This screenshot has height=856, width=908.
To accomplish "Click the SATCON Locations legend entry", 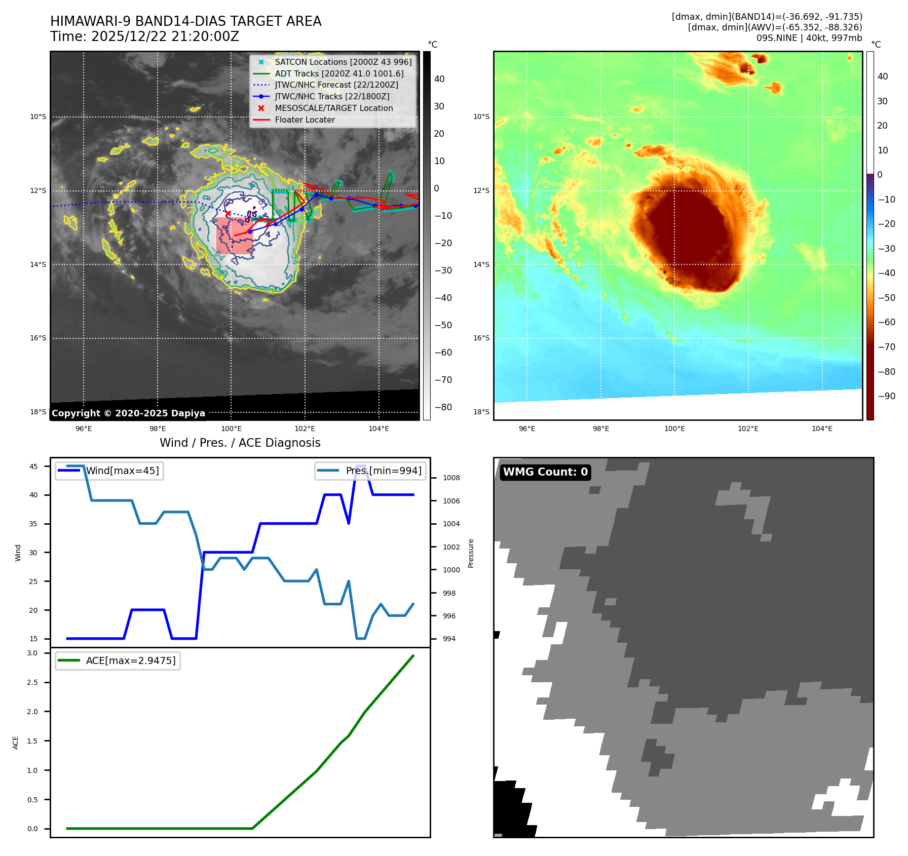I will (x=343, y=62).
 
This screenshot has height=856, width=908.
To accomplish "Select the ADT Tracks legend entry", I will (x=339, y=74).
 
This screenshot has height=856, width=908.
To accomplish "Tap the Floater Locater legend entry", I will (x=305, y=120).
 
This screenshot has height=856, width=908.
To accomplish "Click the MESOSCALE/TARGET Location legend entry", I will (x=333, y=108).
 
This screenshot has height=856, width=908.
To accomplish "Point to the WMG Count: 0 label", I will (x=545, y=472).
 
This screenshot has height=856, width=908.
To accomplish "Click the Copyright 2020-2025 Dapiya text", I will (x=128, y=413).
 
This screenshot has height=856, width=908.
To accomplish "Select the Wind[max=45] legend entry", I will (x=122, y=471).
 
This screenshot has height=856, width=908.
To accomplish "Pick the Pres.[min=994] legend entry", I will (x=383, y=471).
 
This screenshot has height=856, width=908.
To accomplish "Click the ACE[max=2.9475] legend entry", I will (x=131, y=661).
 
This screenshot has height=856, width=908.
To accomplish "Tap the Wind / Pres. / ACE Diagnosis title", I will (x=240, y=443).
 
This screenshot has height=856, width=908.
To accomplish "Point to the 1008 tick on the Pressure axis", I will (x=451, y=478).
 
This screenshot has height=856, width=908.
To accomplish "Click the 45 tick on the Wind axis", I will (x=33, y=466).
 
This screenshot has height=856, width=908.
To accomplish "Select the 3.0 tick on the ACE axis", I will (x=32, y=653).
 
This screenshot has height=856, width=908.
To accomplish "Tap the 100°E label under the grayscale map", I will (x=231, y=429).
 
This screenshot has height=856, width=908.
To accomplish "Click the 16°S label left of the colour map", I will (x=481, y=338).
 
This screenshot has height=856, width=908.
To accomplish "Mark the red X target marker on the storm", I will (x=228, y=214).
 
